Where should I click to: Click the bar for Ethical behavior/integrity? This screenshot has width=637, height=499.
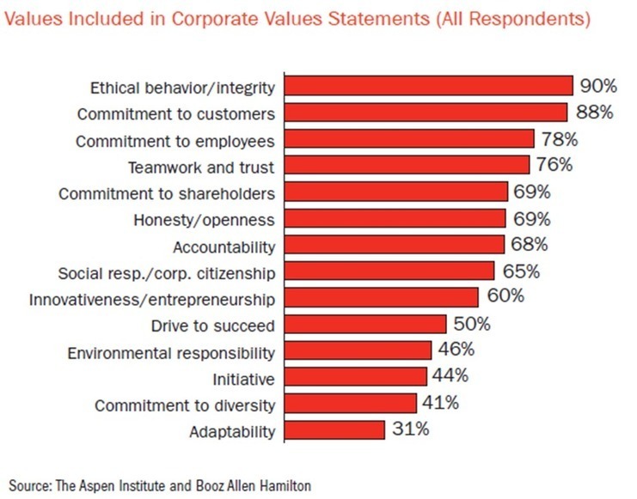point(428,86)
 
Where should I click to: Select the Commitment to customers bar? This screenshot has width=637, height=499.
point(426,113)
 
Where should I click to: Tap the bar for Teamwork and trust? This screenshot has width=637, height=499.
point(407,165)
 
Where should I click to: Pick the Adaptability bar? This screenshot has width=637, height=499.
point(334,429)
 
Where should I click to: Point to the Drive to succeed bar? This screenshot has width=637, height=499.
point(365,324)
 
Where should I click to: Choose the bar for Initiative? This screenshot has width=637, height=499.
point(356,376)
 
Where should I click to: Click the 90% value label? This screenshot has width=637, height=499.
point(597,86)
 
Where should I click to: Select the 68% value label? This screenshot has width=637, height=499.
point(527,245)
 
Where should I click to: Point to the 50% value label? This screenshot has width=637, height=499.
point(470,324)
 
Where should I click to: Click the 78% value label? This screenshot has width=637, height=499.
point(559,139)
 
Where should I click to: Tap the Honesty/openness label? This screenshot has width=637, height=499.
point(205,219)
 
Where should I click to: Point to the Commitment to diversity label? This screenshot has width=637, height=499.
point(185,405)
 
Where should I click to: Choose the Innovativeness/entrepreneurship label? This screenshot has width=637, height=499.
point(152,299)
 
